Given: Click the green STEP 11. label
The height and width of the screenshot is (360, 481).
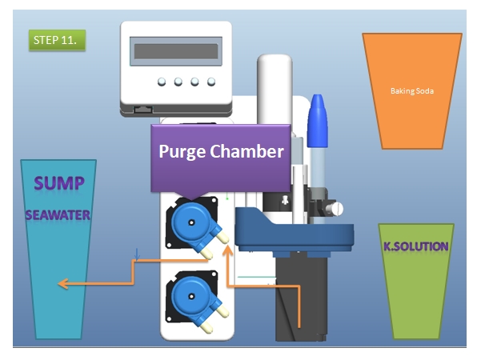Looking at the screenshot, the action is pyautogui.click(x=57, y=40).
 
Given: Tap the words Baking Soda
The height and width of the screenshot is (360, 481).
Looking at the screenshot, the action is pyautogui.click(x=412, y=90).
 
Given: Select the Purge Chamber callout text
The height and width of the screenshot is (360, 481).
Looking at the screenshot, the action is pyautogui.click(x=221, y=151).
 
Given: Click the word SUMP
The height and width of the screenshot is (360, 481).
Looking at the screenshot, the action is pyautogui.click(x=59, y=183).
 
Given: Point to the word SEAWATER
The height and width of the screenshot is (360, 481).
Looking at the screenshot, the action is pyautogui.click(x=58, y=215).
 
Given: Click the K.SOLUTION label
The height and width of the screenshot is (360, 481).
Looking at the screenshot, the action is pyautogui.click(x=416, y=246).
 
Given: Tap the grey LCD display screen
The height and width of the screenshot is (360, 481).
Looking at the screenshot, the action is pyautogui.click(x=176, y=51).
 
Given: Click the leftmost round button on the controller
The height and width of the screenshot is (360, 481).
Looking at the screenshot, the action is pyautogui.click(x=162, y=82).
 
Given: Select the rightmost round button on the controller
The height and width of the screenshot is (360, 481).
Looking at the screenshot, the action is pyautogui.click(x=211, y=82).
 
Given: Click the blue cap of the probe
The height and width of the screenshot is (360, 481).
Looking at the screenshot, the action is pyautogui.click(x=318, y=121).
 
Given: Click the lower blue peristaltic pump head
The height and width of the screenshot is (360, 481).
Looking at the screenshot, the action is pyautogui.click(x=192, y=297).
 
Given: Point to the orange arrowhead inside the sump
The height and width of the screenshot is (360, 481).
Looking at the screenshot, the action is pyautogui.click(x=62, y=284).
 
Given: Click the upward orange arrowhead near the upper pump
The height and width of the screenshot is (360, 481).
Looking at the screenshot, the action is pyautogui.click(x=227, y=250).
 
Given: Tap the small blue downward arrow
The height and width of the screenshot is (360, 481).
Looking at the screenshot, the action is pyautogui.click(x=137, y=255).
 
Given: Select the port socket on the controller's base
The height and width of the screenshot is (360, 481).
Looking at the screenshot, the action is pyautogui.click(x=143, y=110).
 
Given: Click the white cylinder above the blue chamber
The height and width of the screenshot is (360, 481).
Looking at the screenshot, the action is pyautogui.click(x=275, y=90).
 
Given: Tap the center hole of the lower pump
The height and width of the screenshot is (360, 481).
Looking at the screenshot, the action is pyautogui.click(x=191, y=297).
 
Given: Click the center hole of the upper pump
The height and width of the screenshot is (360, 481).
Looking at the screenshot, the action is pyautogui.click(x=191, y=223).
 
